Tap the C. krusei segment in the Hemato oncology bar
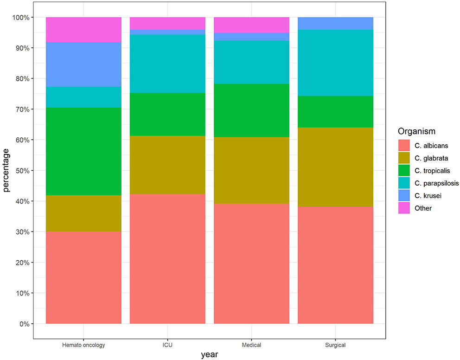(x=83, y=64)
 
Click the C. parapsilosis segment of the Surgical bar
(x=335, y=63)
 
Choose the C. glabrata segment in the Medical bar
(x=251, y=170)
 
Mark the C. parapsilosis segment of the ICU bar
(x=167, y=64)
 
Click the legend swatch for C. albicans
(x=404, y=146)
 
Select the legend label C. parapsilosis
(x=437, y=183)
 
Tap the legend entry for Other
(x=423, y=208)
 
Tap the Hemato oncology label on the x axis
(x=83, y=345)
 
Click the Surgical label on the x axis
(x=335, y=345)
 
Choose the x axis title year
(x=210, y=355)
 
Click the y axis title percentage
(x=6, y=171)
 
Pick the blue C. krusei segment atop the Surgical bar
(x=335, y=23)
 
